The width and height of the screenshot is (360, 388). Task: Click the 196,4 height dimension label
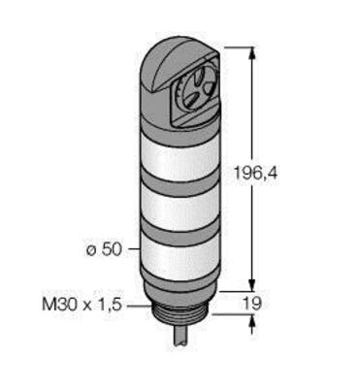pos(255,174)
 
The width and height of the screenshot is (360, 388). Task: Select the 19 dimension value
pos(251,304)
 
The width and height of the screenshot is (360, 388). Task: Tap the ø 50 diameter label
pos(104,249)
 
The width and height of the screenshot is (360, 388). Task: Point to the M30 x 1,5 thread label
pos(82,305)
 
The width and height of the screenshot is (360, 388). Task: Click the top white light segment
pos(180,154)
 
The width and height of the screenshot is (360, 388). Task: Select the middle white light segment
pos(180,209)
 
